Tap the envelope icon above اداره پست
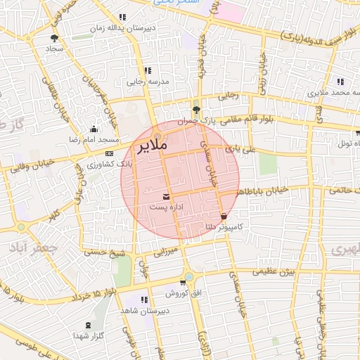coord(167,196)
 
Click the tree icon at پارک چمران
coord(197,110)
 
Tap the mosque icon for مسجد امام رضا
coord(94,129)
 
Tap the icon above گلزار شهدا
coord(88,325)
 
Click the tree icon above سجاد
coord(54,39)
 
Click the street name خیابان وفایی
coord(27,168)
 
